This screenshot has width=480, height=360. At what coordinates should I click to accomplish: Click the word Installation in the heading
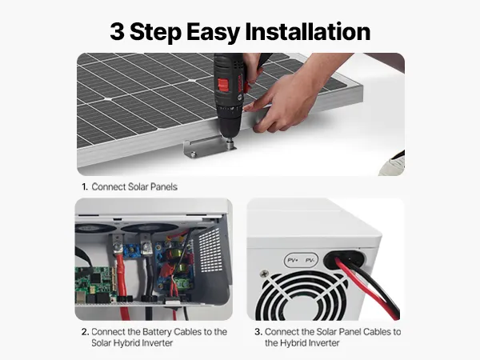[308, 31]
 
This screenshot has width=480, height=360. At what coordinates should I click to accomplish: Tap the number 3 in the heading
[118, 31]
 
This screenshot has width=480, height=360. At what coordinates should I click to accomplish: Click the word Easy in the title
[213, 32]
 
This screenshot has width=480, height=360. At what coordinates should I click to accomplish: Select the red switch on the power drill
[223, 85]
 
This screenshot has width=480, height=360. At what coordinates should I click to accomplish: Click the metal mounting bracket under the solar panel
[209, 146]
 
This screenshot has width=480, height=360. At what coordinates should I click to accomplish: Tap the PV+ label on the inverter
[293, 260]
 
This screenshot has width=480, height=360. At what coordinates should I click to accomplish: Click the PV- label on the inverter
[310, 260]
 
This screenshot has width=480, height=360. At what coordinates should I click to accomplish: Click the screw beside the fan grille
[264, 274]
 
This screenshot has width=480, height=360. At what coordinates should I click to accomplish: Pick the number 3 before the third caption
[258, 332]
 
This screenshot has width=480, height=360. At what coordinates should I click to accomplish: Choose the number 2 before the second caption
[85, 332]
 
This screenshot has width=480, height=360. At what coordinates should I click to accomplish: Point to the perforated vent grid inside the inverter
[210, 251]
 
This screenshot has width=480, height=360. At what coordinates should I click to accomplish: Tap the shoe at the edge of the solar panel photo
[393, 163]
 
